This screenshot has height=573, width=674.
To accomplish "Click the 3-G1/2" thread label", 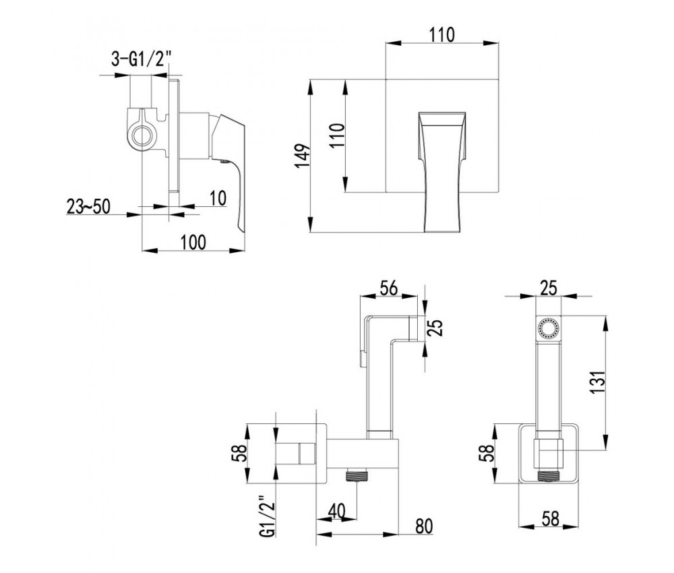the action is click(141, 59).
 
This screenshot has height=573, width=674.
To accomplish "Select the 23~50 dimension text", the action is click(88, 207).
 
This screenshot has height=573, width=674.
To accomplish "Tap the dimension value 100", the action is click(193, 242).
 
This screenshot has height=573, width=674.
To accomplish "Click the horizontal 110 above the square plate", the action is click(442, 35).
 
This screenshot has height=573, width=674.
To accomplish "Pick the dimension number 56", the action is click(389, 288).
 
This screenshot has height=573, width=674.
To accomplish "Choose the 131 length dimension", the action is click(599, 382).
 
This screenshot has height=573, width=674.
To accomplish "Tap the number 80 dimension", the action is click(424, 526).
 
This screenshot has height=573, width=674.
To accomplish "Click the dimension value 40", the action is click(336, 511).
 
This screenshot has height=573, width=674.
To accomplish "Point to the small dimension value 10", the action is click(218, 198).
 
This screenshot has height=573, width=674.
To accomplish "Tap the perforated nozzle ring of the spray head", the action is click(547, 329).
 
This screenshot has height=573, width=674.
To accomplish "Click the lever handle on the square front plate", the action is click(442, 172).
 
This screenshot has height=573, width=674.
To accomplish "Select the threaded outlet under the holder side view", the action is click(357, 476).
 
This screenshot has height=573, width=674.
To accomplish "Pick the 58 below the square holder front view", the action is click(550, 518).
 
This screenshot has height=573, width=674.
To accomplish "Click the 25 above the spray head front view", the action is click(549, 288).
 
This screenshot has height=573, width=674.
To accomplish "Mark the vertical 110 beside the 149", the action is click(337, 135).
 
